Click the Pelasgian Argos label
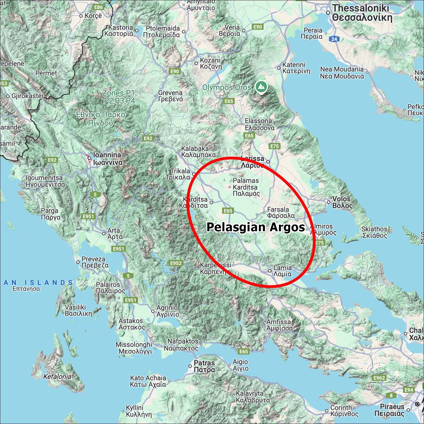coord(256,227)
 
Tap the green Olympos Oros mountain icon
coord(261,87)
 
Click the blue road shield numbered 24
coord(334,39)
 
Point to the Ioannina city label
coord(107,159)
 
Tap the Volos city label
coord(342,202)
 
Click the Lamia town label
coord(282,271)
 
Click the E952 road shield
coord(176,263)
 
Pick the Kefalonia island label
coord(57,377)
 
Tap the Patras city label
coord(204,366)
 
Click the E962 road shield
coord(379,378)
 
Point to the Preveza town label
coord(95,262)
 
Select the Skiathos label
coord(374,232)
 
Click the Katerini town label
coord(296,68)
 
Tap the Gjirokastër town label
coord(28,96)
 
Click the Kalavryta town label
coord(252,397)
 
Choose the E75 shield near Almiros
coord(319,243)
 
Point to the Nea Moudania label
coord(342,73)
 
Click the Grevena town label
coord(170,96)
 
